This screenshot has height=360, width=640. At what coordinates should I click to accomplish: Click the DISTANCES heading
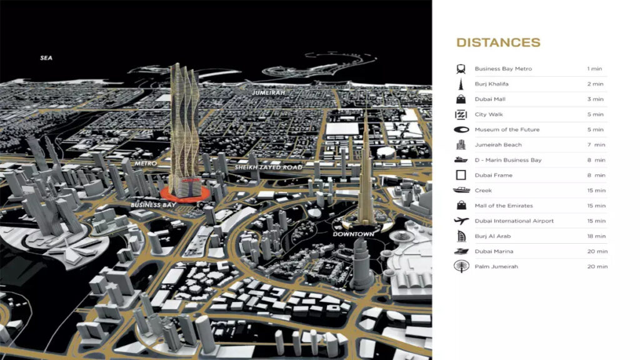(498, 42)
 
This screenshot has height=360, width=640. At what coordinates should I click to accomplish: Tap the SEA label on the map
(46, 58)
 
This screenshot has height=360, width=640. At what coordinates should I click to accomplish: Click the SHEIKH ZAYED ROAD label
(269, 167)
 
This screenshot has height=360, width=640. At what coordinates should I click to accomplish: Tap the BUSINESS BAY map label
(154, 204)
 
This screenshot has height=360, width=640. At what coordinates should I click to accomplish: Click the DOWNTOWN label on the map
(353, 234)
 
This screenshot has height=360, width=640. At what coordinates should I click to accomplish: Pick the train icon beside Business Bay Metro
(461, 69)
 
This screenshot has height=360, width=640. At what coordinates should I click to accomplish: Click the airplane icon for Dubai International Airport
(461, 221)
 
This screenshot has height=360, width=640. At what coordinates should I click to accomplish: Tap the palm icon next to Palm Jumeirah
(461, 267)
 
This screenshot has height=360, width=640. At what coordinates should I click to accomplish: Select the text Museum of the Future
(507, 129)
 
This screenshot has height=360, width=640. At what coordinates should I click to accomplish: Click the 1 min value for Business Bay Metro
(595, 69)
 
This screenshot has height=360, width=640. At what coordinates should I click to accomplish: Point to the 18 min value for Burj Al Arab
(596, 236)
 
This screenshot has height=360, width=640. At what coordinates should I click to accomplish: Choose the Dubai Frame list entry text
(493, 176)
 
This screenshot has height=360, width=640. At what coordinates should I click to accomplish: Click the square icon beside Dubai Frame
(461, 175)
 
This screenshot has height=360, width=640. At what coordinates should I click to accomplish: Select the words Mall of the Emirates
(504, 206)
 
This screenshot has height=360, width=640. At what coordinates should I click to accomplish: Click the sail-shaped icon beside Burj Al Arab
(461, 236)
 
